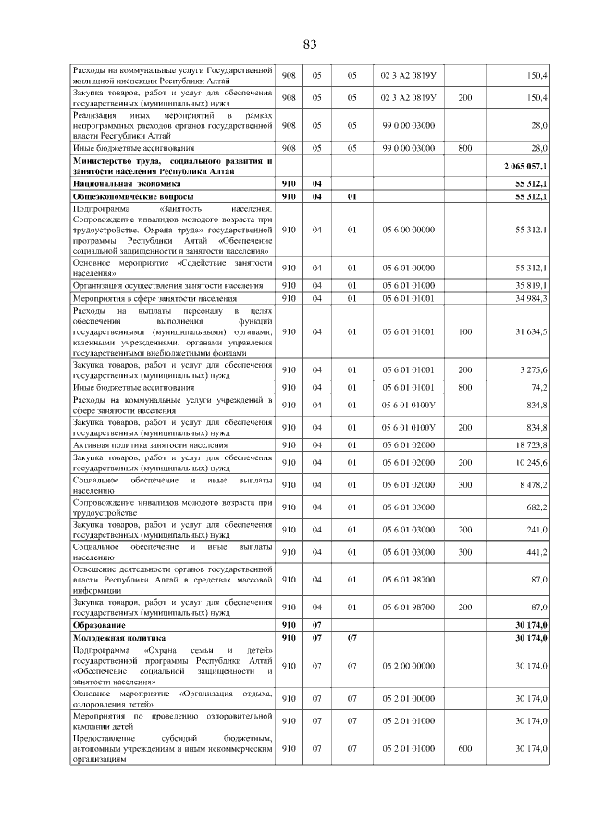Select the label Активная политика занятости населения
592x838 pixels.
point(150,445)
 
